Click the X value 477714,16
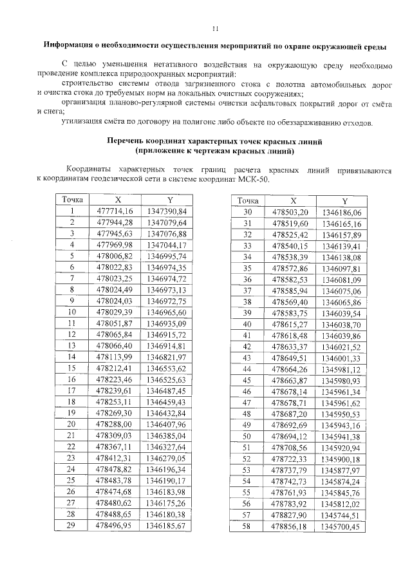point(115,211)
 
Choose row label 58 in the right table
point(246,526)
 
